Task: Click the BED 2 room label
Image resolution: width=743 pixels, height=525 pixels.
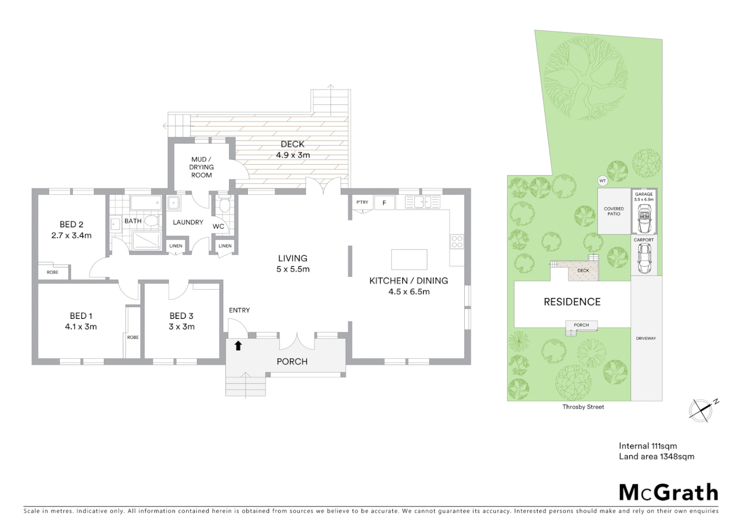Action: [x=71, y=225]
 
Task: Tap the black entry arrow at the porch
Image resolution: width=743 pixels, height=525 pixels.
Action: [x=238, y=346]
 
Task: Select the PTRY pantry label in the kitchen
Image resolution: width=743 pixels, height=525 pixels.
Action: [x=362, y=202]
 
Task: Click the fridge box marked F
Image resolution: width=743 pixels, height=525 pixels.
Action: [x=384, y=203]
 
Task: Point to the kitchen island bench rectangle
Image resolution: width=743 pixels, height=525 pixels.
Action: [x=409, y=260]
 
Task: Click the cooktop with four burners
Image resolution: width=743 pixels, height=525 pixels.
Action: [x=457, y=241]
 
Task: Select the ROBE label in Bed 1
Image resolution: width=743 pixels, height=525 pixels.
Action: [x=133, y=337]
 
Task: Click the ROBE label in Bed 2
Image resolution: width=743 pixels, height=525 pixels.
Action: [x=53, y=272]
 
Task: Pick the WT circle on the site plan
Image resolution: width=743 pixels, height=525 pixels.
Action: [x=602, y=181]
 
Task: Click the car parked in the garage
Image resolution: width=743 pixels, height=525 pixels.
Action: [x=644, y=219]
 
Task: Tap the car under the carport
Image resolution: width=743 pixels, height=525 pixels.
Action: [x=644, y=258]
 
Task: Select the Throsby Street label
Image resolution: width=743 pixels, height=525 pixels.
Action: [x=583, y=407]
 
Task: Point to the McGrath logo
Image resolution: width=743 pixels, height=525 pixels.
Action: [x=668, y=492]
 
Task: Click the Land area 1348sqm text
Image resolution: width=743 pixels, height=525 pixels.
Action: [x=656, y=456]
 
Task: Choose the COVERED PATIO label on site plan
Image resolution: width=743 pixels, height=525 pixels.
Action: [x=614, y=211]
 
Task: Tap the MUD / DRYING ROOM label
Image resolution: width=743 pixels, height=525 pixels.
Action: [x=201, y=167]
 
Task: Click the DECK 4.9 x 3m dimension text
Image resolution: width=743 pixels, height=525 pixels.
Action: [x=293, y=155]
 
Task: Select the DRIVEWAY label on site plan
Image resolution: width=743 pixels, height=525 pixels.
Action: [x=646, y=338]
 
